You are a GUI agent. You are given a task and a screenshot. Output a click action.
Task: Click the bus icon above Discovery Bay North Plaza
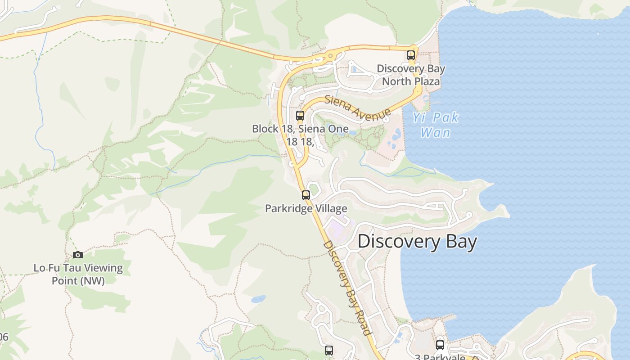point(411,55)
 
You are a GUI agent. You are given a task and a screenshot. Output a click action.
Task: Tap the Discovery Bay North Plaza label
point(411,75)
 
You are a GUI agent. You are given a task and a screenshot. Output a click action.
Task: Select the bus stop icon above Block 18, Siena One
point(300,116)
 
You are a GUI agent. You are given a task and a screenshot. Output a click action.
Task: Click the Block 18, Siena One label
point(300,129)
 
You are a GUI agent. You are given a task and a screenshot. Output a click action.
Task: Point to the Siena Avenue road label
point(358,108)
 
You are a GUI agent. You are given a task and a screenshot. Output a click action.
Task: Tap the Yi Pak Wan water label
point(436,125)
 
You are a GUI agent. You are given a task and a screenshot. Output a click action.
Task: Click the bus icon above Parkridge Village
point(306,195)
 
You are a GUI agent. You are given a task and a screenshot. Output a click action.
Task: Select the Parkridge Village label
point(306,208)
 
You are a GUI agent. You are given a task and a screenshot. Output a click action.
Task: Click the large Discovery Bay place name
point(417,242)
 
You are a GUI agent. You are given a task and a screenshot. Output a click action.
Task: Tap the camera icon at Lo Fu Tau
point(78,255)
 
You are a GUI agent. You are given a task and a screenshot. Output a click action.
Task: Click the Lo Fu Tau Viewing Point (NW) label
point(78,274)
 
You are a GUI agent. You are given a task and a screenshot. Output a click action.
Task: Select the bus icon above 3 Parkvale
point(440,345)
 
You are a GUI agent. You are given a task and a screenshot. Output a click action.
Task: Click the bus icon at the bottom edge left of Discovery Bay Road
point(329,350)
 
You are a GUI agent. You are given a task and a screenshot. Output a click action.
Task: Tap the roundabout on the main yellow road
point(330,56)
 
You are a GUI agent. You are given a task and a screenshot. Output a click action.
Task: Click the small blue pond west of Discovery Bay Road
point(258,299)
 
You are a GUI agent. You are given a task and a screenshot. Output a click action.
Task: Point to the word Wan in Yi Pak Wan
point(436,133)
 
